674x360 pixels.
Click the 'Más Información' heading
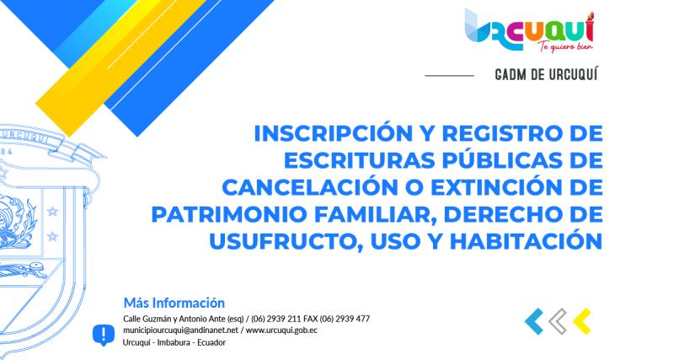[174, 303]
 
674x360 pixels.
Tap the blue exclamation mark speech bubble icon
[103, 335]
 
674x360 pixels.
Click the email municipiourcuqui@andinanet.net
[180, 331]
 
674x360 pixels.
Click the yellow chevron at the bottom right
[581, 321]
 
